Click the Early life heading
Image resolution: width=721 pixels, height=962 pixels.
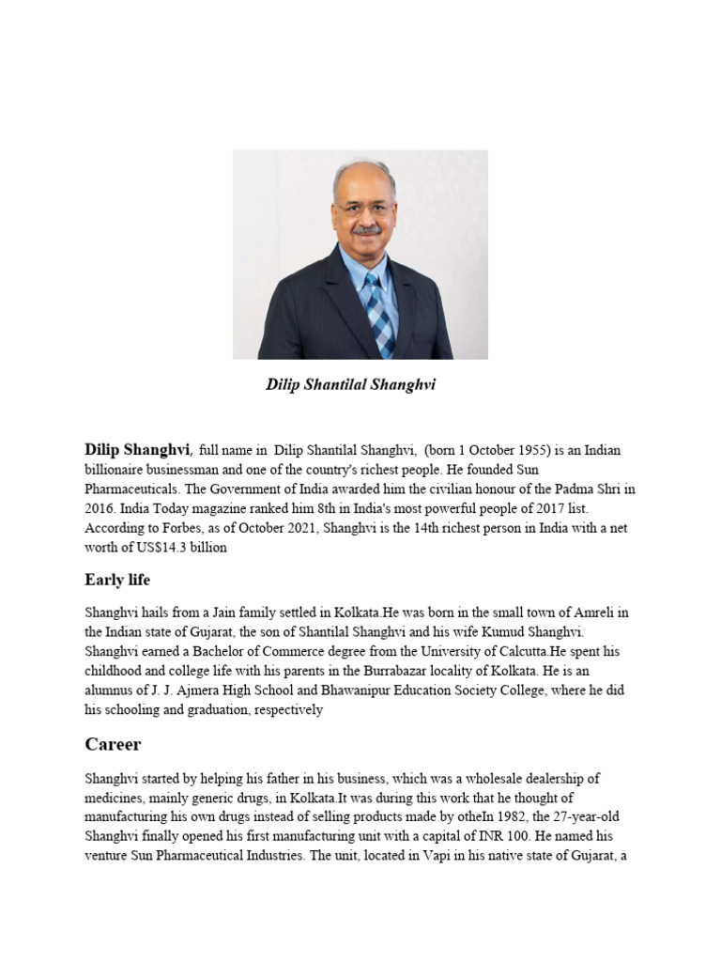coord(117,580)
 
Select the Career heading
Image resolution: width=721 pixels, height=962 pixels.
coord(113,745)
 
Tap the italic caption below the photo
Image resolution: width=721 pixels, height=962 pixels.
coord(351,385)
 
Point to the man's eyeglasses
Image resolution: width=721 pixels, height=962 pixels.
coord(362,207)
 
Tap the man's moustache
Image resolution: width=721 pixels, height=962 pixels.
coord(365,228)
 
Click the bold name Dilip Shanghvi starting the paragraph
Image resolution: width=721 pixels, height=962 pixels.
coord(138,450)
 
